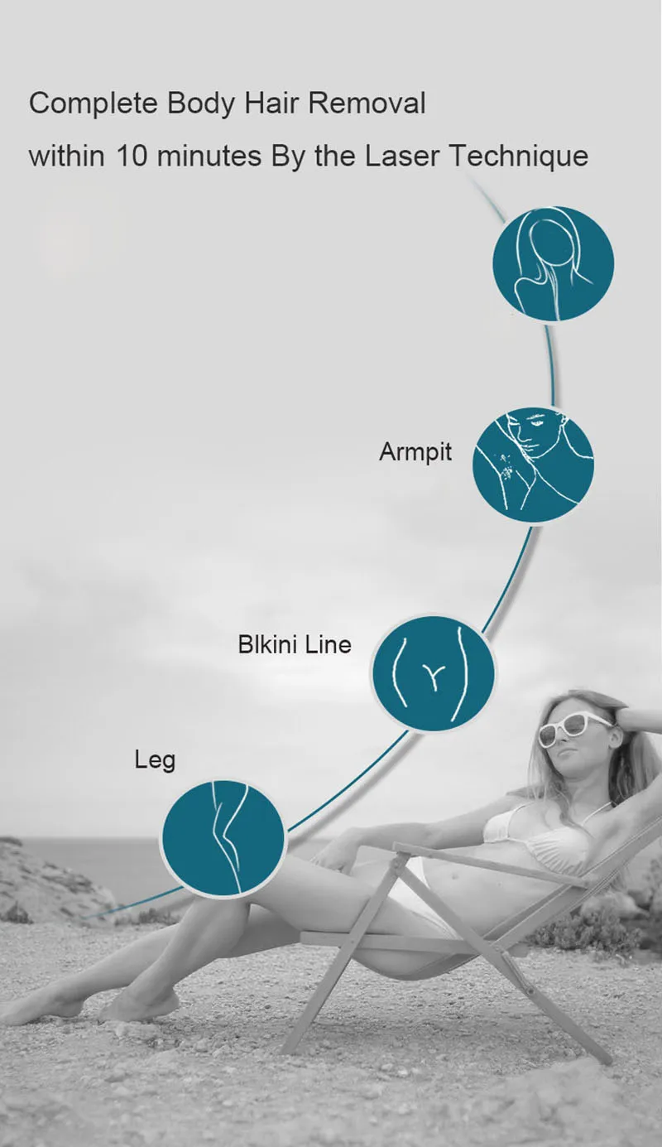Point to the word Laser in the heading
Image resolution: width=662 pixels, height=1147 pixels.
[404, 156]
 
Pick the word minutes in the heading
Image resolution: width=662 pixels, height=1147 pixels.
[210, 156]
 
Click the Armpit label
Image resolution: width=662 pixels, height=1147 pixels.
[415, 453]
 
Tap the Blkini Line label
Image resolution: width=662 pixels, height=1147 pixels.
[295, 644]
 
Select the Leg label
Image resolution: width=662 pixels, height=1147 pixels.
[155, 760]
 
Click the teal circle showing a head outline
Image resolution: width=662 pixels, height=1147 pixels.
[553, 263]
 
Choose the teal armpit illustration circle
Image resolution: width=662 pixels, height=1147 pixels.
[533, 464]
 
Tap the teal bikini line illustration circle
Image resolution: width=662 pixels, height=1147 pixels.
[433, 673]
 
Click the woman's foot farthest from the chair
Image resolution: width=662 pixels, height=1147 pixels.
[41, 1010]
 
